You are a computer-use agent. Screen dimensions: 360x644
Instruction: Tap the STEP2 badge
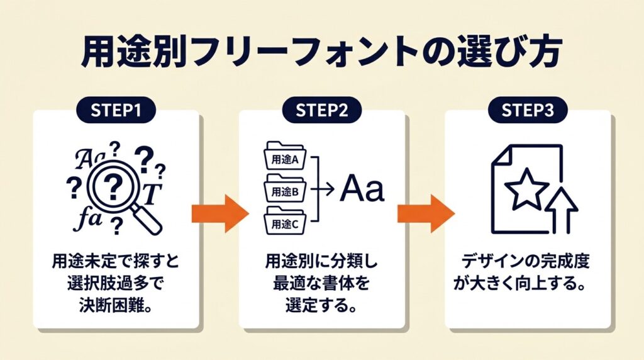(322, 110)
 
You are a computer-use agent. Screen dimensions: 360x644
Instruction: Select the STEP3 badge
(528, 110)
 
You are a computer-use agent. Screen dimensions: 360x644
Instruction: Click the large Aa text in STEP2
(362, 190)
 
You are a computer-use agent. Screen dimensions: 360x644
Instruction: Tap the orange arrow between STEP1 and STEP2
(219, 214)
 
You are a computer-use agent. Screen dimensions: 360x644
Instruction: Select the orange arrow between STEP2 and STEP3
(425, 214)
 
